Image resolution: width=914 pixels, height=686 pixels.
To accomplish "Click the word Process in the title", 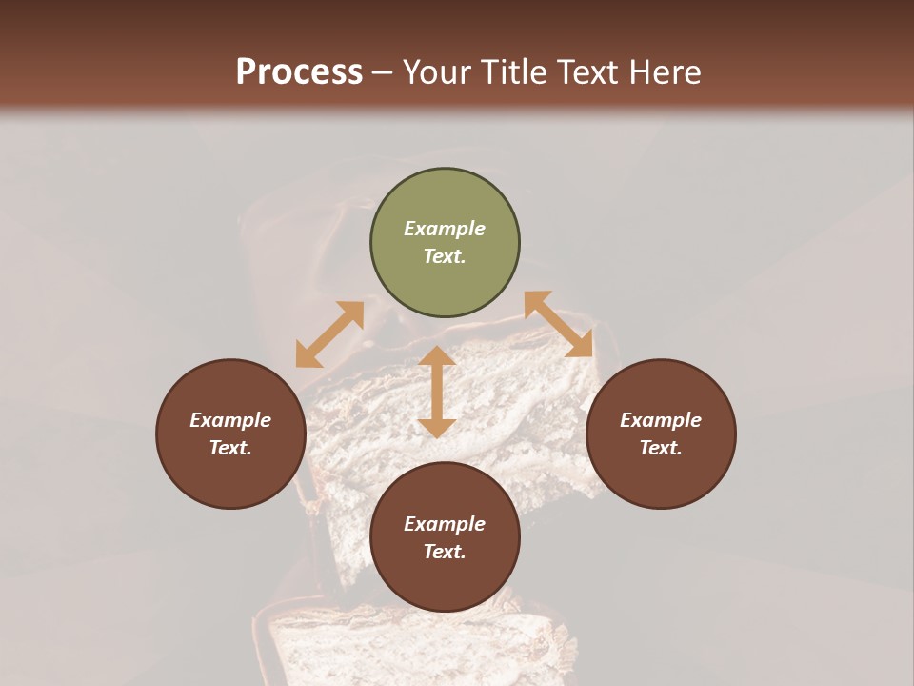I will (x=299, y=72).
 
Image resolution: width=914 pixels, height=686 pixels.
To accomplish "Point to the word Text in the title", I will (x=588, y=72).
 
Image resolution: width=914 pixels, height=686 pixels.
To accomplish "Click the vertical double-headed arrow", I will (x=437, y=392).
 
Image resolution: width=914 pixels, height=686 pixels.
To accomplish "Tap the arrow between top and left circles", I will (x=329, y=334).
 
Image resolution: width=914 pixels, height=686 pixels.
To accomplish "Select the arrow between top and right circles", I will (x=559, y=324).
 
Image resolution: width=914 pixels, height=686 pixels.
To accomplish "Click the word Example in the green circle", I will (x=445, y=229).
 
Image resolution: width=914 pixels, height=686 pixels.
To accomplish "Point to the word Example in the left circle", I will (x=230, y=420).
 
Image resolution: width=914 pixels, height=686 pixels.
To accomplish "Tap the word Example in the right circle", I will (x=661, y=420).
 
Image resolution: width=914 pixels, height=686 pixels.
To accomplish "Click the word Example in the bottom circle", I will (x=445, y=524).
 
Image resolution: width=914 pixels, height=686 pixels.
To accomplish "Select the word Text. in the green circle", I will (x=445, y=256).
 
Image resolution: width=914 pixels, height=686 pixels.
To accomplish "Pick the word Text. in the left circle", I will (x=230, y=448).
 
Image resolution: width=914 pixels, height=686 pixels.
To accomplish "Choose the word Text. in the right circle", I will (x=661, y=448).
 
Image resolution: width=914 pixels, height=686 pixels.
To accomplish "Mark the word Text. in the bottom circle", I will (x=445, y=552).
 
